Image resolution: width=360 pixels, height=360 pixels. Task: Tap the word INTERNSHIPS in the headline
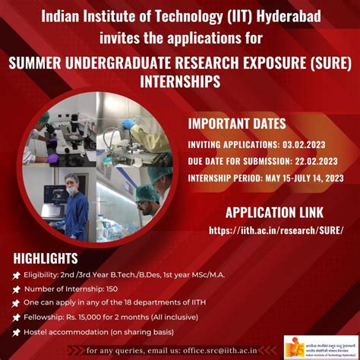(179, 81)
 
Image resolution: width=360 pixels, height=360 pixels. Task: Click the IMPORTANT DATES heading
(237, 124)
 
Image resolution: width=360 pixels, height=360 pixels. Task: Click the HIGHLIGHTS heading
(46, 258)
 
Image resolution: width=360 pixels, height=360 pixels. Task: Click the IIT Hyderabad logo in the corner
(317, 345)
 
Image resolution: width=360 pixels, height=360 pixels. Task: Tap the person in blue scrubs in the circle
(75, 205)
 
